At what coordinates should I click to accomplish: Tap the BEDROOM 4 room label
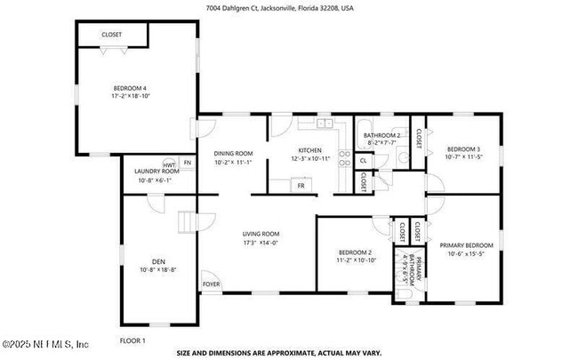click(x=130, y=88)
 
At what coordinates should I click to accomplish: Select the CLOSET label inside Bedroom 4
click(x=111, y=35)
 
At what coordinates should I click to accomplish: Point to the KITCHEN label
click(x=309, y=148)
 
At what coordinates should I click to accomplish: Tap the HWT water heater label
click(x=169, y=164)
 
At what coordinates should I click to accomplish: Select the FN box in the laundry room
click(x=187, y=163)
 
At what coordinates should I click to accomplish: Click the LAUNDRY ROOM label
click(x=157, y=171)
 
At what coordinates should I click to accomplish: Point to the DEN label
click(x=157, y=260)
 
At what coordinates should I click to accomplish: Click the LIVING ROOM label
click(x=262, y=234)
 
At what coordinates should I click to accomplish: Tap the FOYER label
click(x=211, y=284)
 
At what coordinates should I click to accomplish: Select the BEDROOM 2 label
click(x=356, y=252)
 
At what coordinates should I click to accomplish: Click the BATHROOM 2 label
click(x=381, y=135)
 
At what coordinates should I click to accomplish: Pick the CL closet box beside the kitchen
click(x=364, y=161)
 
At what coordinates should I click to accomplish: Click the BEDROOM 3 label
click(x=463, y=148)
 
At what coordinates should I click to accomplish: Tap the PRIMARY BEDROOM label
click(x=467, y=244)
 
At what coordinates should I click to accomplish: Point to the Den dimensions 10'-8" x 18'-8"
click(x=157, y=269)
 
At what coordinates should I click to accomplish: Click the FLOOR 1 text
click(x=132, y=340)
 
